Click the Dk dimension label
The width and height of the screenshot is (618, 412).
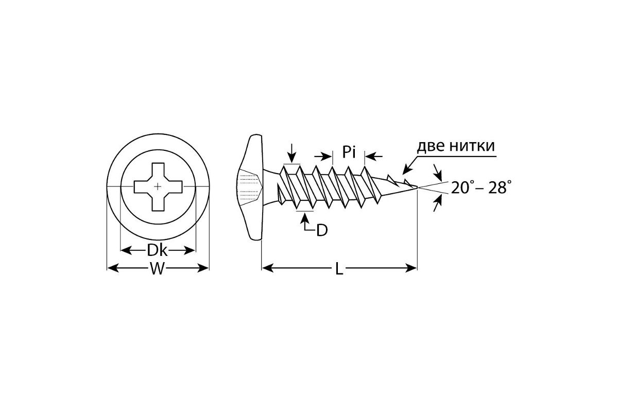[157, 251]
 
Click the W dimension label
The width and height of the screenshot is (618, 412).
[157, 268]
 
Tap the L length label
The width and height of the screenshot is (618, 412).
[339, 268]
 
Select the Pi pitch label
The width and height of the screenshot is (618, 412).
[349, 152]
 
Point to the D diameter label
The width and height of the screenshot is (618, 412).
[322, 230]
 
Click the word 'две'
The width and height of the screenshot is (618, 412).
[431, 146]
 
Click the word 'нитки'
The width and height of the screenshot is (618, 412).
[472, 146]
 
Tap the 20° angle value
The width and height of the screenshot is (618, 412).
[463, 188]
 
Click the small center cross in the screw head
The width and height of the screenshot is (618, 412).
[158, 186]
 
